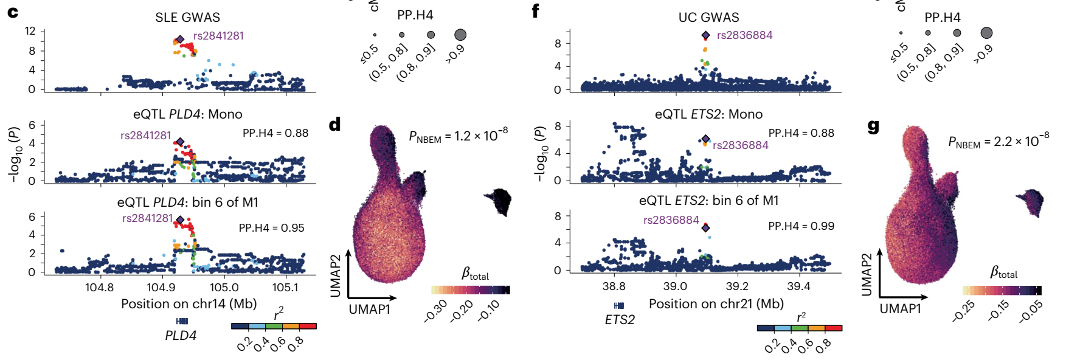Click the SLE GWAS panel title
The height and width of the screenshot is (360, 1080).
click(187, 17)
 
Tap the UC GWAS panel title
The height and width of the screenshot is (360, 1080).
click(708, 17)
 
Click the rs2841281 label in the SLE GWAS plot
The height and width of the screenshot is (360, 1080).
click(218, 36)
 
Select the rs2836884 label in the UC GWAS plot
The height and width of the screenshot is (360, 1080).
click(744, 35)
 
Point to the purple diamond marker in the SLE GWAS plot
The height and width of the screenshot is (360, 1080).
click(180, 39)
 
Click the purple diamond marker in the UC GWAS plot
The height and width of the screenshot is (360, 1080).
click(705, 36)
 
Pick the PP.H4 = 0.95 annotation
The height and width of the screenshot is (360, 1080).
click(271, 228)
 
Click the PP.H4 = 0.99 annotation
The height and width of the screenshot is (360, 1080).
click(801, 226)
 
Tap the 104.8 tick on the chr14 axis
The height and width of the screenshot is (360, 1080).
click(99, 287)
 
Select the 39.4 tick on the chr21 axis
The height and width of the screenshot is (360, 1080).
click(798, 286)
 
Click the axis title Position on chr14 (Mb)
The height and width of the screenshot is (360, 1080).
click(189, 303)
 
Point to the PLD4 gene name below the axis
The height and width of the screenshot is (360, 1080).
click(181, 335)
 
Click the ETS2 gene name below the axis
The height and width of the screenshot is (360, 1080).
click(620, 320)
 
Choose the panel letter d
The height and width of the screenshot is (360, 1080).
click(334, 125)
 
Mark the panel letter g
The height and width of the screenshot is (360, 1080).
click(873, 126)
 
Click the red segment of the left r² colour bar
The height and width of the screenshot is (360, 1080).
click(308, 326)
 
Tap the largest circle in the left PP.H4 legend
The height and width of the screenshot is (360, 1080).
click(460, 35)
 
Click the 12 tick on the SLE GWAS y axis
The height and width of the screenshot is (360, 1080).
click(30, 31)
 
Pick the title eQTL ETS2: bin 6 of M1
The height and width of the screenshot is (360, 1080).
click(708, 201)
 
